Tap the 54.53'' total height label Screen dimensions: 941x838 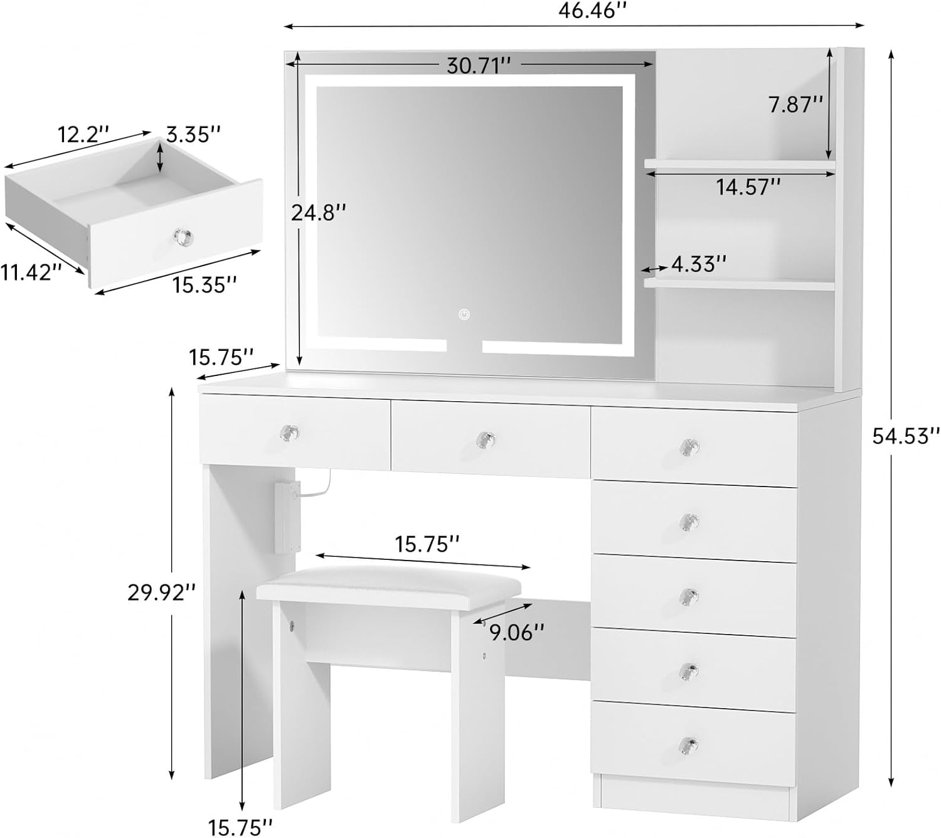pyautogui.click(x=905, y=436)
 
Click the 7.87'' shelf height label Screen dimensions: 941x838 pyautogui.click(x=795, y=105)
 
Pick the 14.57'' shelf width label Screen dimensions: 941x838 pyautogui.click(x=748, y=187)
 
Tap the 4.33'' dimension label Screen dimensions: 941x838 pyautogui.click(x=699, y=264)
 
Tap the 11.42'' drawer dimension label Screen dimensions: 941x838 pyautogui.click(x=31, y=272)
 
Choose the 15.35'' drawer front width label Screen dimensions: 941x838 pyautogui.click(x=205, y=284)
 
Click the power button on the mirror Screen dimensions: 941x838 pyautogui.click(x=464, y=314)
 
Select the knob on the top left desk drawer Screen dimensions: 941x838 pyautogui.click(x=289, y=432)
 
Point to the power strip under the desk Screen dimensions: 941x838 pyautogui.click(x=287, y=518)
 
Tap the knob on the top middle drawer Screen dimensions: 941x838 pyautogui.click(x=486, y=439)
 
